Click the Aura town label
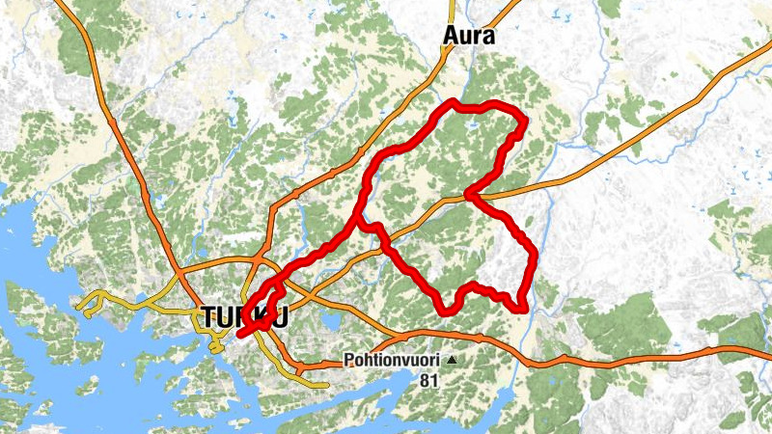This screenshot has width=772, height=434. [x=469, y=36]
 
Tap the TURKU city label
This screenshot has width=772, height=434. [x=244, y=317]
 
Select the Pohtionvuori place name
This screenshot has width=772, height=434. [x=392, y=362]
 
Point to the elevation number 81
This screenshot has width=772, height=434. [x=428, y=380]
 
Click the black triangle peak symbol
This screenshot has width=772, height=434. [x=452, y=362]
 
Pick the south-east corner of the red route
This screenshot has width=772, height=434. [x=522, y=308]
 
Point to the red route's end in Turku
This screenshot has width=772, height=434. [x=238, y=334]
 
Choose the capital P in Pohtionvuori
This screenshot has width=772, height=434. [x=348, y=362]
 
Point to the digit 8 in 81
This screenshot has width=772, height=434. [x=425, y=380]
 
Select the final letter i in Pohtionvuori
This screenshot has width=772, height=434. [x=438, y=362]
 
